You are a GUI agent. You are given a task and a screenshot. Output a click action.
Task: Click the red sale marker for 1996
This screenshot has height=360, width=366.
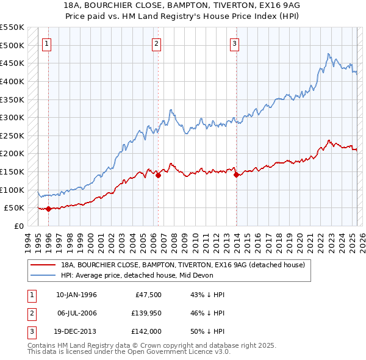click(48, 209)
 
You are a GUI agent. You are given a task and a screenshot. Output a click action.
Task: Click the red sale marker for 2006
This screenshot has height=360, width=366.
click(158, 175)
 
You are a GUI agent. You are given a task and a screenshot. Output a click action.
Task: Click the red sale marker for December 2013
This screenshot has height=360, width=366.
click(235, 175)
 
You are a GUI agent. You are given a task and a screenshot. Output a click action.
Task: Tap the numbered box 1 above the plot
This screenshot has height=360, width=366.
click(47, 43)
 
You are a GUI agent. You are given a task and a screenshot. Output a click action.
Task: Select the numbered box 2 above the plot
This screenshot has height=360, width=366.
click(157, 43)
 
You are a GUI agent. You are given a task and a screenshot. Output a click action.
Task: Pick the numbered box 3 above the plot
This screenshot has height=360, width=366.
click(234, 43)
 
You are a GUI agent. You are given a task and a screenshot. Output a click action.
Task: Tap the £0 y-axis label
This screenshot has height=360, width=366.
click(18, 226)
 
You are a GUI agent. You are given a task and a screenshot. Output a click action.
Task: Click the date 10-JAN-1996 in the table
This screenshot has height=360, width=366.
click(76, 295)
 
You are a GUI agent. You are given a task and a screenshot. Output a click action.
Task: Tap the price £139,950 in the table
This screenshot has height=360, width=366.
click(144, 313)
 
